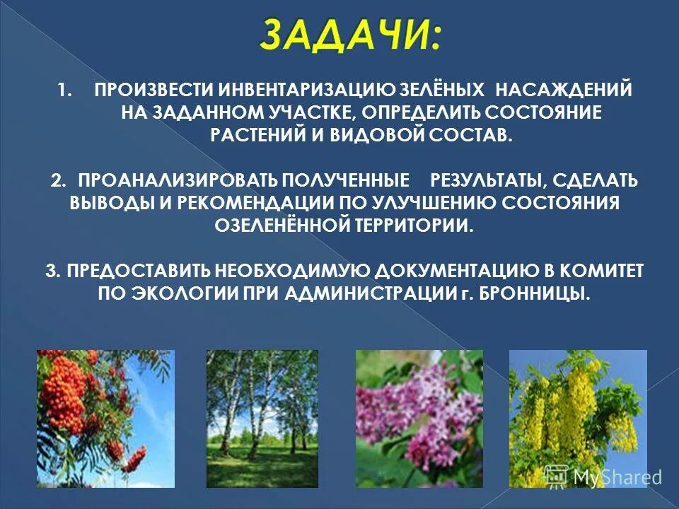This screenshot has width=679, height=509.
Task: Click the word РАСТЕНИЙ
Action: click(263, 136)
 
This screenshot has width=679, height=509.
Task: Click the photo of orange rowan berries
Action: click(105, 419)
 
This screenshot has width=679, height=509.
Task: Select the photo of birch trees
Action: click(262, 419)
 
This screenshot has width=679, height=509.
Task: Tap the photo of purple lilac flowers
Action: click(419, 419)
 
